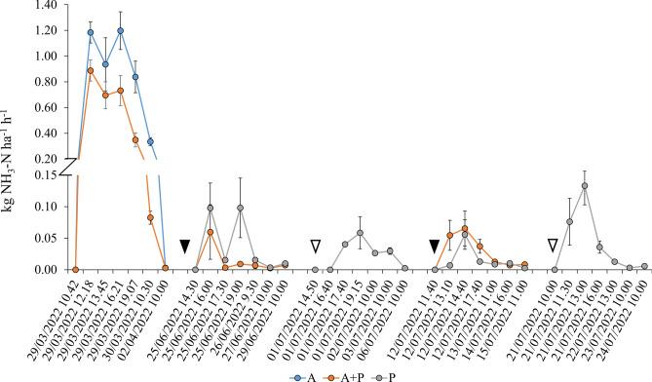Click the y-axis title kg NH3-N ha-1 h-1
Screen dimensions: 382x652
coord(13,136)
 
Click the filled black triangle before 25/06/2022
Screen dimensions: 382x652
coord(184,246)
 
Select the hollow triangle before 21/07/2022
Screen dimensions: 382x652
coord(553,246)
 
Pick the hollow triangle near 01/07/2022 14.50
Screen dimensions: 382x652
coord(315,246)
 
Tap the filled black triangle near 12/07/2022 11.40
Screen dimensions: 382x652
coord(435,246)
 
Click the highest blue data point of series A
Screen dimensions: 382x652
coord(120,30)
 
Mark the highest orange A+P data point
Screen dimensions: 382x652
coord(91,70)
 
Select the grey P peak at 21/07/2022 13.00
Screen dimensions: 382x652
coord(585,186)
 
